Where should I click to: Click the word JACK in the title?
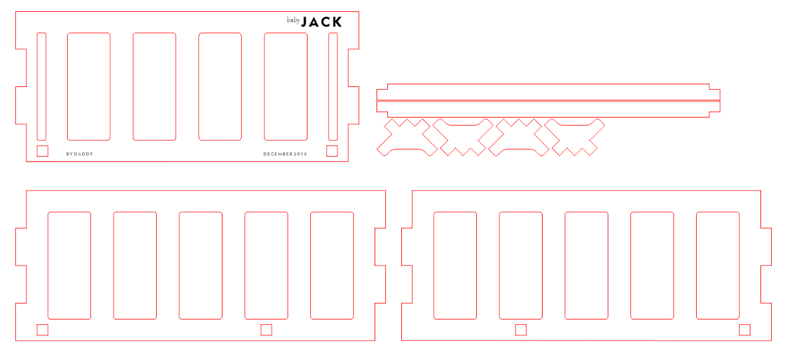pos(322,22)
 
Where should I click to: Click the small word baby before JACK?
pos(294,21)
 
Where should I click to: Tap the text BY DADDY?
pos(80,154)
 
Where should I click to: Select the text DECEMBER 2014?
pos(285,154)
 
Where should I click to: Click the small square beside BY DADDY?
pos(43,151)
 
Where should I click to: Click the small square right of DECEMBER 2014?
pos(332,151)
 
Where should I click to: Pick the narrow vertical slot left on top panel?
pos(41,86)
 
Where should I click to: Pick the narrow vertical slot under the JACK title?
pos(333,86)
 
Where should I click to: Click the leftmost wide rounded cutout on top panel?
pos(89,86)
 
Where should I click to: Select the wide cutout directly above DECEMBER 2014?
pos(286,86)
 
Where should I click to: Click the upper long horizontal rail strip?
pos(548,92)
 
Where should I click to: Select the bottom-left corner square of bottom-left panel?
pos(43,329)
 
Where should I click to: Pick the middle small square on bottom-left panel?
pos(266,329)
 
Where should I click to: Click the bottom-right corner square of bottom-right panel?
pos(745,329)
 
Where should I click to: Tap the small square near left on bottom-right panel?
pos(521,329)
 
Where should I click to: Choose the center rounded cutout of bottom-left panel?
pos(201,266)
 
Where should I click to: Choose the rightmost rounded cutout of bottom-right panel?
pos(717,266)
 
